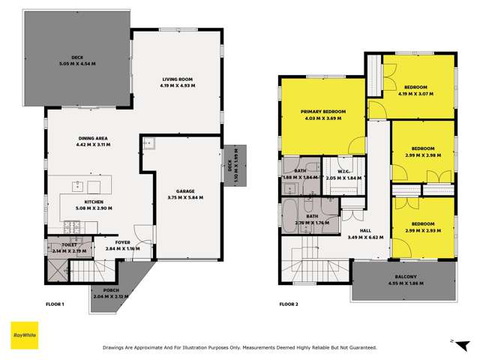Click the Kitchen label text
[x=94, y=202]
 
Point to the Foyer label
[x=122, y=242]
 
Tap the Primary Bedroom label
[x=321, y=111]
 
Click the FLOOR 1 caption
[x=55, y=304]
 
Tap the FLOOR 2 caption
[x=289, y=304]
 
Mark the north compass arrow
[x=454, y=341]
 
